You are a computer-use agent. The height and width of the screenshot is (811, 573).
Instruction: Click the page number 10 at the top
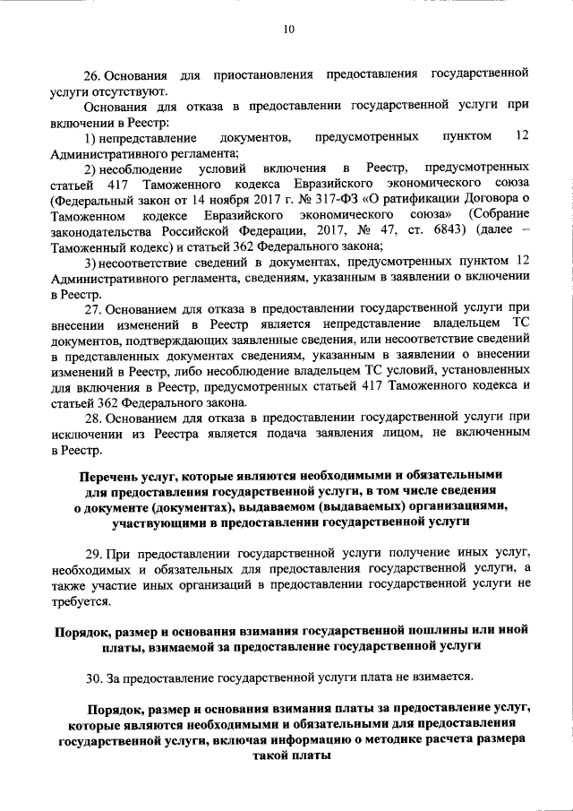point(287,30)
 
